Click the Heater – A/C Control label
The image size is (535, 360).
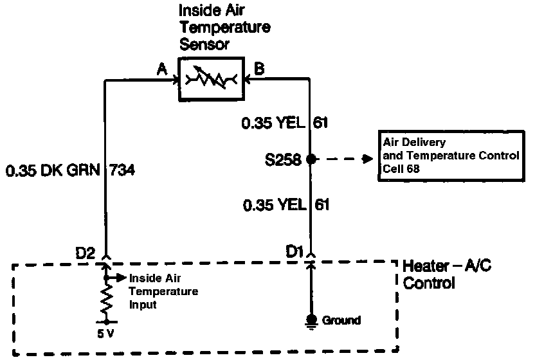(448, 274)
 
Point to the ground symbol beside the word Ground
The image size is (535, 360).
(311, 321)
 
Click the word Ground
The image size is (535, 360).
(341, 319)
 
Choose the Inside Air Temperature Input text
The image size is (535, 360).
(163, 292)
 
